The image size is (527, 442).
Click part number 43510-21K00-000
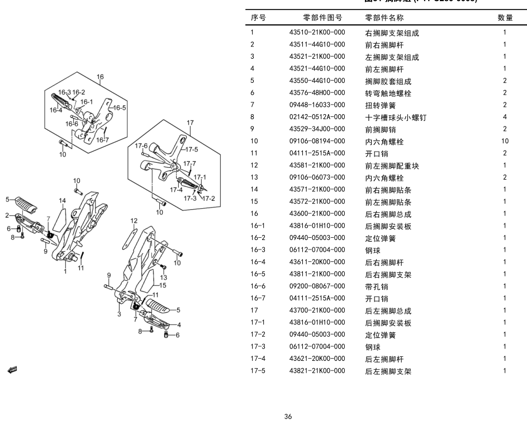[x=317, y=32]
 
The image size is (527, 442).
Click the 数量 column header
[x=505, y=18]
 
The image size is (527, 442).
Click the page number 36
[x=288, y=416]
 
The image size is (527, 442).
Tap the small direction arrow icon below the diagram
[x=12, y=369]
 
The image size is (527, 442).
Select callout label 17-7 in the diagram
[x=190, y=164]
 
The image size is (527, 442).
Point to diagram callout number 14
[x=63, y=201]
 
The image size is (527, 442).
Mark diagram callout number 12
[x=134, y=220]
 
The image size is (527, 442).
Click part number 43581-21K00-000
[x=317, y=165]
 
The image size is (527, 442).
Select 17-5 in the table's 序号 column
[x=257, y=370]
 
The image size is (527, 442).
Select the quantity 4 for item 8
[x=505, y=117]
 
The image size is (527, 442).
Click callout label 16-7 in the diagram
[x=102, y=140]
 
